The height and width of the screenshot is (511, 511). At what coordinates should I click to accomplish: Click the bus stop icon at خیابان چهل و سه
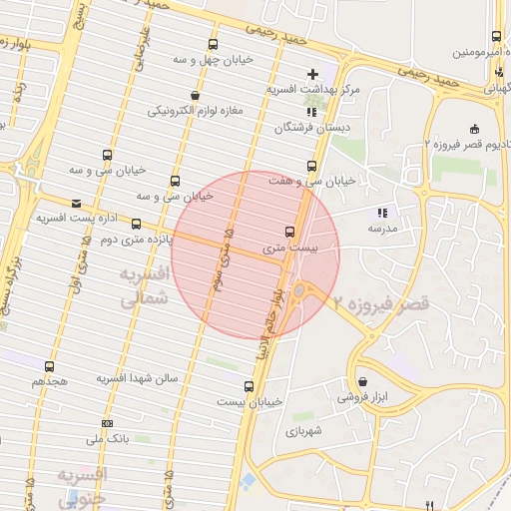point(213,44)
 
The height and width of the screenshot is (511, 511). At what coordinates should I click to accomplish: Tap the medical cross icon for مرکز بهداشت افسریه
point(313,74)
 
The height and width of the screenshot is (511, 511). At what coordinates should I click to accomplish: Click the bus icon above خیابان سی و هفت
point(312,166)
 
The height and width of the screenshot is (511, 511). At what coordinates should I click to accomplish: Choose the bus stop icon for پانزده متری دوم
point(137,225)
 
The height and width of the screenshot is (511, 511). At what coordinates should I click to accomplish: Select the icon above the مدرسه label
point(380,213)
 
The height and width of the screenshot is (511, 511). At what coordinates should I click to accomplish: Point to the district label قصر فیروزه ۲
point(382,302)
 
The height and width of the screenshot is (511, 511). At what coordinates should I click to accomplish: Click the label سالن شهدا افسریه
point(137,379)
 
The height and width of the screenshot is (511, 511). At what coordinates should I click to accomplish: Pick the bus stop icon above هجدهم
point(50,366)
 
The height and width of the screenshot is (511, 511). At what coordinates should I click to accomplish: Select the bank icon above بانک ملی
point(107,423)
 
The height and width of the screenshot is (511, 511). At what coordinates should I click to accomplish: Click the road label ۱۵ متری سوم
point(226,258)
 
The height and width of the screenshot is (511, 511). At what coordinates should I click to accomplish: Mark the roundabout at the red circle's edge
point(299,291)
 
